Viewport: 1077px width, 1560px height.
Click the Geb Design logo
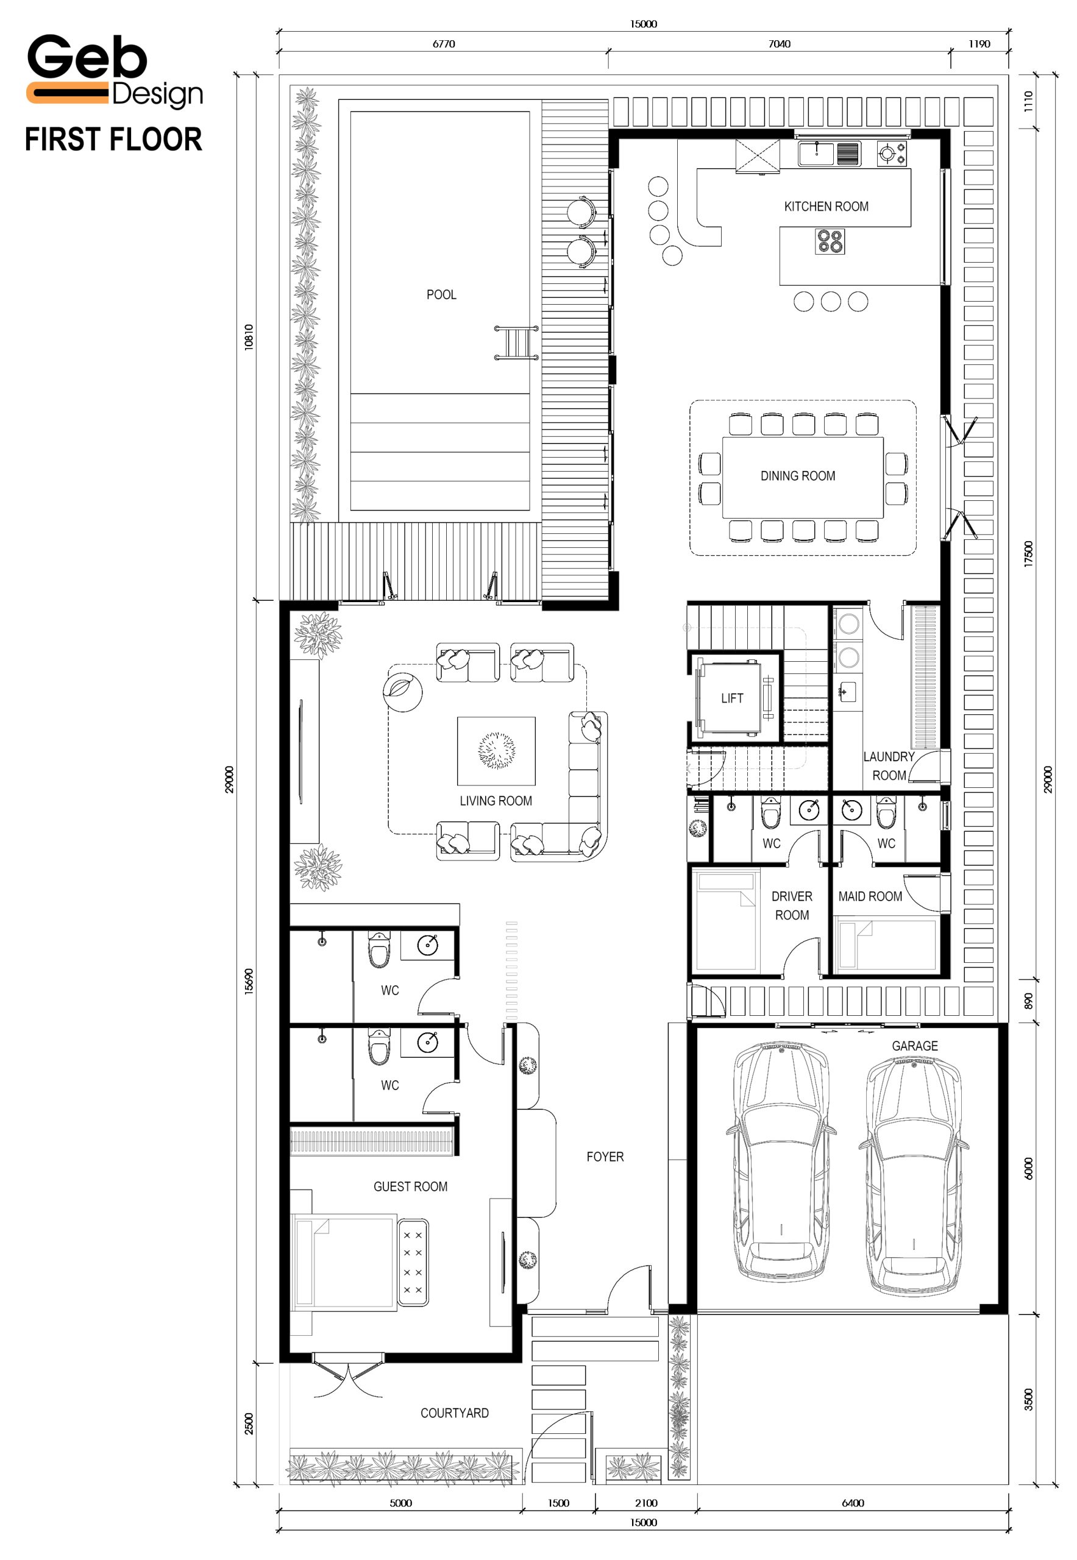[115, 71]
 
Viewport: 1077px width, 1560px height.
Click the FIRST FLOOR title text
[113, 140]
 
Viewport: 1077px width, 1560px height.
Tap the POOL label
[441, 295]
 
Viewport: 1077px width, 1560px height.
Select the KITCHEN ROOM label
[826, 207]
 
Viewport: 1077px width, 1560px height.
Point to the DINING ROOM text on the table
[798, 476]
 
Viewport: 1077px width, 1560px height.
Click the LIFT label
[732, 698]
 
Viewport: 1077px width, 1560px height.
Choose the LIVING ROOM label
[496, 801]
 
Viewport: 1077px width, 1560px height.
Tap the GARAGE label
[914, 1046]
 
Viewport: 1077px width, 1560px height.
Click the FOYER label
[605, 1157]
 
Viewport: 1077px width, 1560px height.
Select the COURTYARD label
[454, 1413]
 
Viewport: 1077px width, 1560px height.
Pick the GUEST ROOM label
[410, 1186]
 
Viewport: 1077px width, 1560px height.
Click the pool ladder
[517, 342]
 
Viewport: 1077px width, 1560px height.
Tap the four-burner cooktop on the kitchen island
[830, 241]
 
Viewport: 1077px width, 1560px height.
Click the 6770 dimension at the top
[443, 44]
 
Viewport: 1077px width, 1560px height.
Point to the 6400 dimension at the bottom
[853, 1503]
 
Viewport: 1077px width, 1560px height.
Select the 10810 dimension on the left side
[249, 337]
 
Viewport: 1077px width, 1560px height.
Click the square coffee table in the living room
[497, 751]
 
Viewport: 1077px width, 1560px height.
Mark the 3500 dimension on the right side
[1028, 1399]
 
